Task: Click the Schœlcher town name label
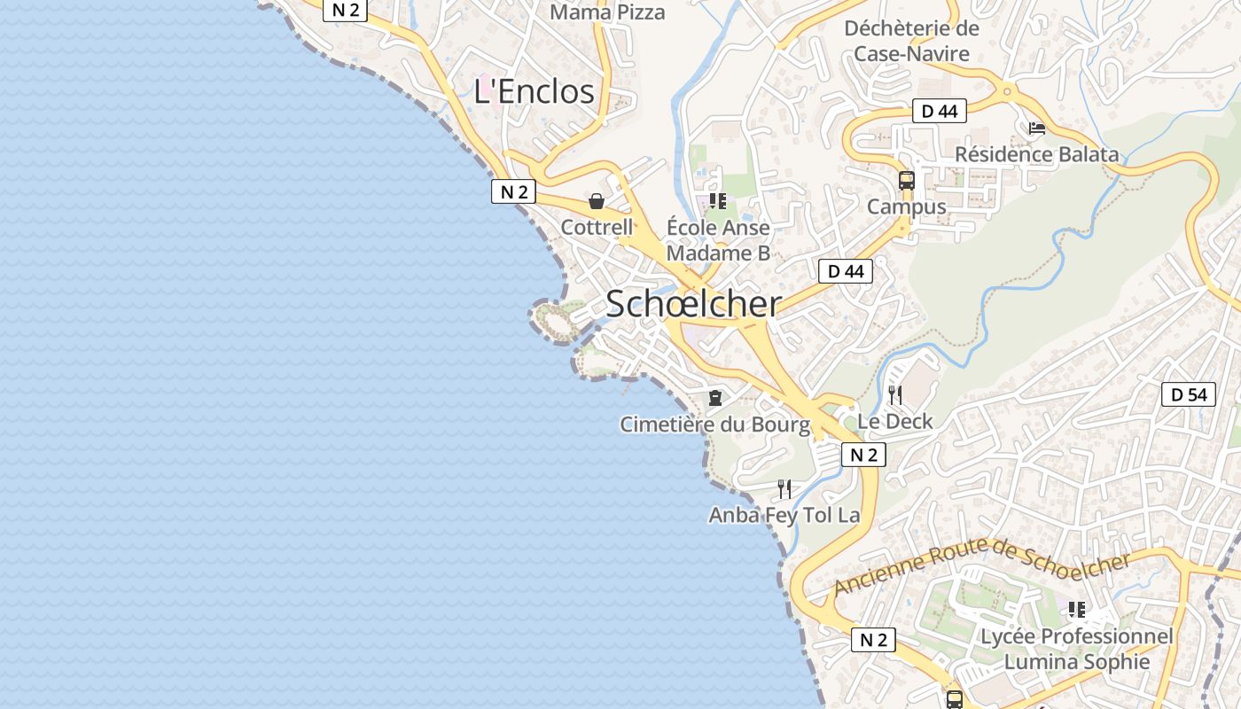coord(693,304)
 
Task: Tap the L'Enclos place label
coord(534,91)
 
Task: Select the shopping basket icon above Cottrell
coord(597,201)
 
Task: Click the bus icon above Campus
coord(906,181)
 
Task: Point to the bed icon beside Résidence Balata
coord(1036,129)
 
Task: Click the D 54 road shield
coord(1188,394)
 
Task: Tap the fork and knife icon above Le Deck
coord(895,395)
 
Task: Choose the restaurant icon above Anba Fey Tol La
coord(784,489)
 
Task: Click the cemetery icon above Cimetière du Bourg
coord(714,398)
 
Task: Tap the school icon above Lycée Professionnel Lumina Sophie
coord(1076,610)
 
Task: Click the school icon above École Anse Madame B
coord(718,201)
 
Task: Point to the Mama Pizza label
coord(607,12)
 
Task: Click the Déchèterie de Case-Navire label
coord(911,41)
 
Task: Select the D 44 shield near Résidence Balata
coord(939,111)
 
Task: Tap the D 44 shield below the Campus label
coord(845,271)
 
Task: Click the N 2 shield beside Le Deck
coord(862,456)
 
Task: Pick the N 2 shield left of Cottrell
coord(513,191)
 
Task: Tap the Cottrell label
coord(597,227)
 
